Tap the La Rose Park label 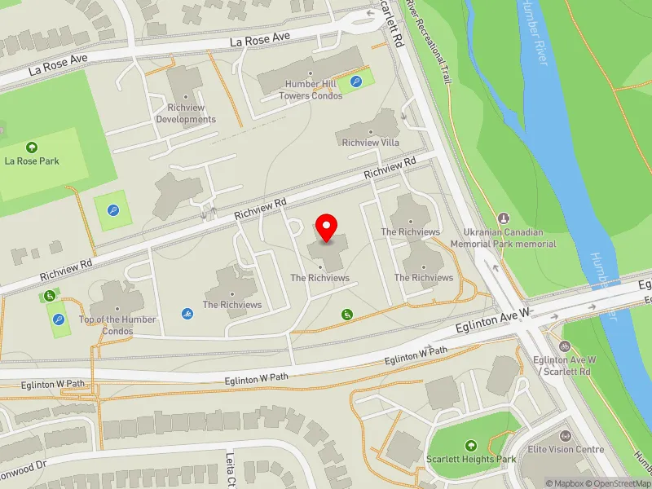tap(32, 161)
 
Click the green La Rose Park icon tap(32, 148)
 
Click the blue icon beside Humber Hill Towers tap(356, 81)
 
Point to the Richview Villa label tap(371, 143)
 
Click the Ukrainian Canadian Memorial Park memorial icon tap(504, 218)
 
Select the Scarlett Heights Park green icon tap(471, 445)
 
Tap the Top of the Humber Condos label tap(117, 324)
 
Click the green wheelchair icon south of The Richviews tap(347, 314)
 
